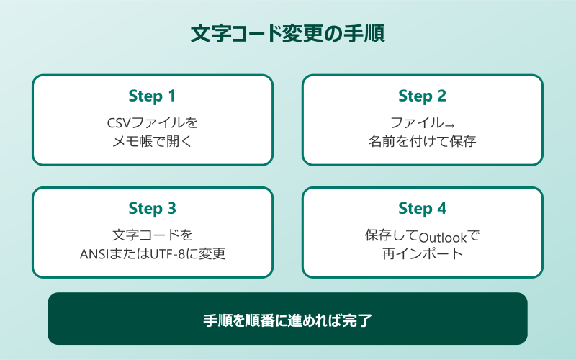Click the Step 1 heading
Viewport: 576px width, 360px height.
[152, 96]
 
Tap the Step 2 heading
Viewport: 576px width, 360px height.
[422, 96]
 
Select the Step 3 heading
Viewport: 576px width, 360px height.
[152, 209]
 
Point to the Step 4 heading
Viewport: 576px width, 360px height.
[422, 209]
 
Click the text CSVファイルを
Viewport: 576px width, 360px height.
[152, 122]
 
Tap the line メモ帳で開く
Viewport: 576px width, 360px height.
[152, 141]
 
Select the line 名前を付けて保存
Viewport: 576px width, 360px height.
[422, 141]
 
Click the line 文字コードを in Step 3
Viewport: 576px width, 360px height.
[152, 235]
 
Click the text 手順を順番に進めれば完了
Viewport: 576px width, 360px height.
[287, 319]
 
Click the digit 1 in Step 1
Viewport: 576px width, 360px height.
[171, 96]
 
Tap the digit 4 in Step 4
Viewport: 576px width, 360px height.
[441, 209]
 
